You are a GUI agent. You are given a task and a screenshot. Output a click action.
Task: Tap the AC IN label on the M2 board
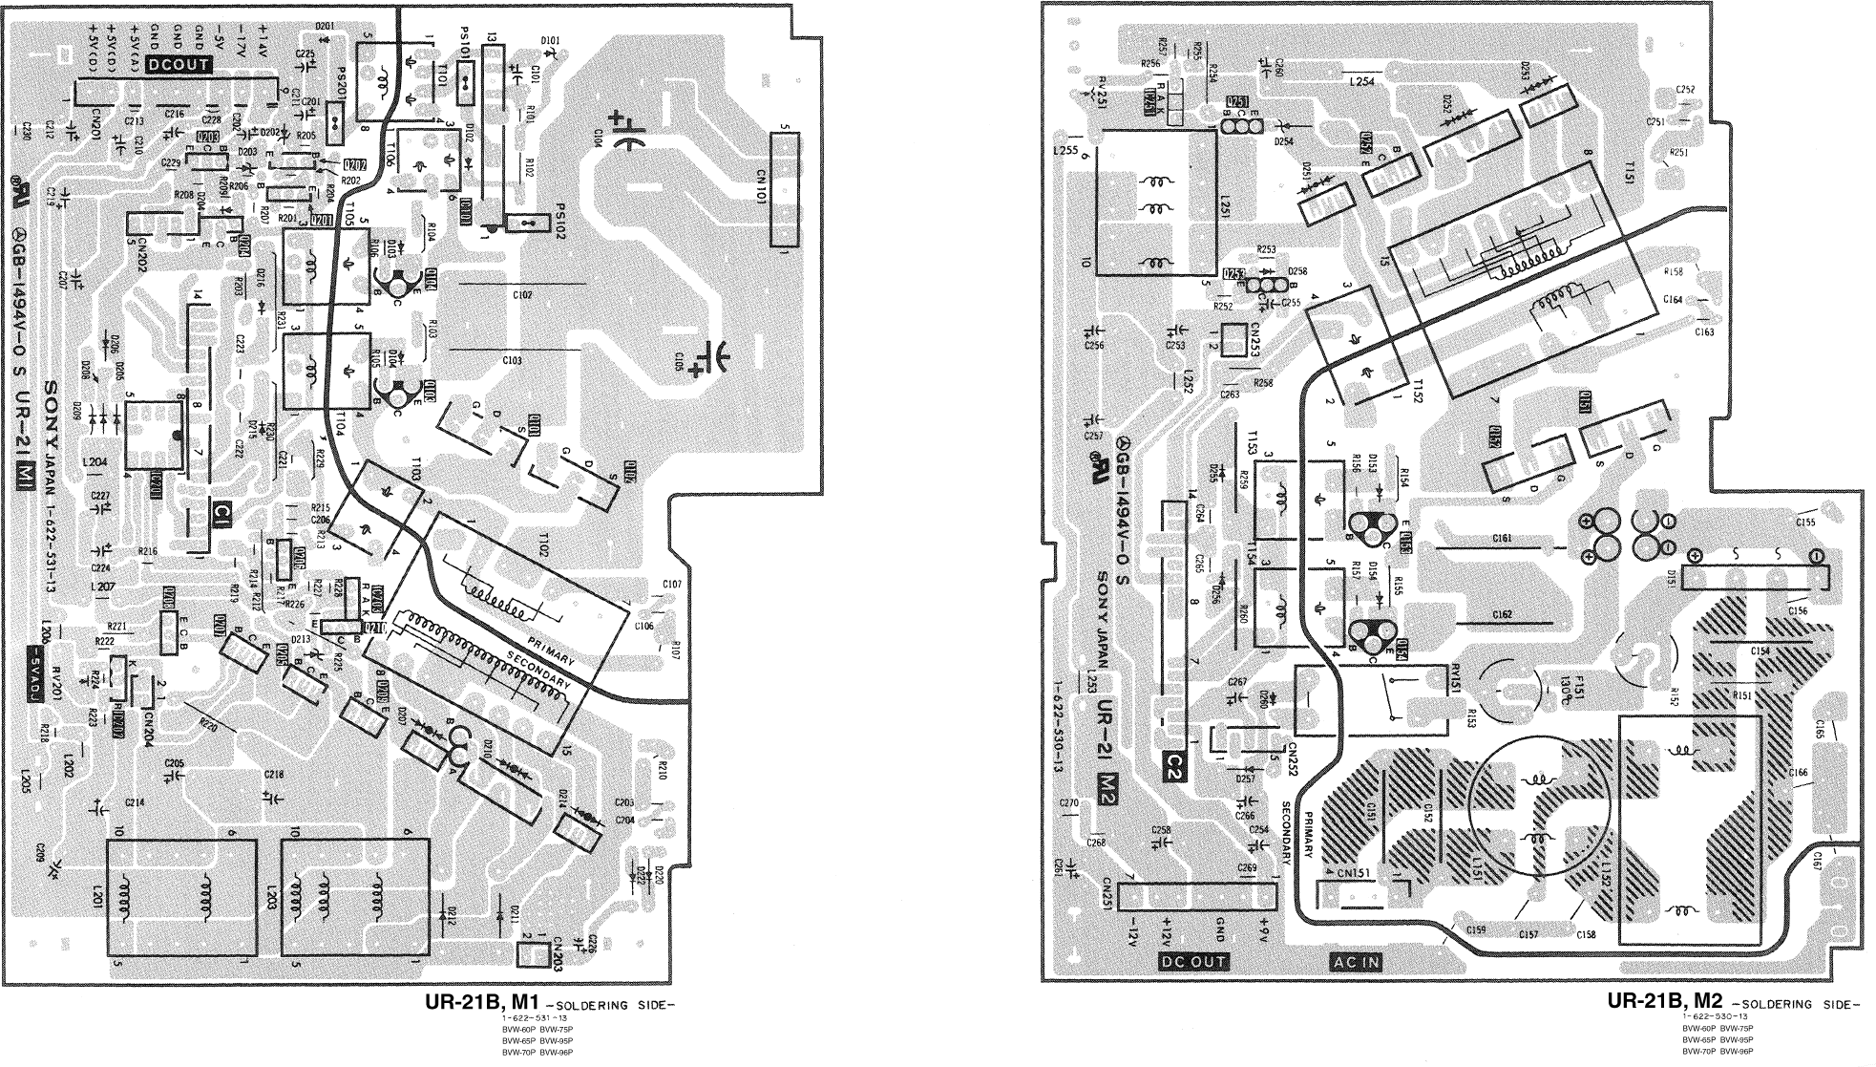click(1357, 961)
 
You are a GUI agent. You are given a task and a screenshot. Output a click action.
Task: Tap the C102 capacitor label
click(521, 295)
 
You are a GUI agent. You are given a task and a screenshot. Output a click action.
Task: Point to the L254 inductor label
click(1361, 82)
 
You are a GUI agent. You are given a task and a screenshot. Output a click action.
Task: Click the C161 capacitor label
click(1501, 538)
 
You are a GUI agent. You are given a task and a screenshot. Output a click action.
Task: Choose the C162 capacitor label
click(1501, 614)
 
